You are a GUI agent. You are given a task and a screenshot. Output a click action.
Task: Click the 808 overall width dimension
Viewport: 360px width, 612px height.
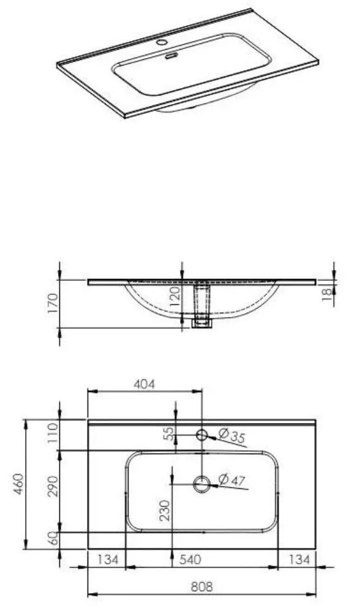click(202, 586)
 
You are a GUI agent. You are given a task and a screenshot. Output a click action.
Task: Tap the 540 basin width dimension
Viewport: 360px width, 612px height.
click(190, 560)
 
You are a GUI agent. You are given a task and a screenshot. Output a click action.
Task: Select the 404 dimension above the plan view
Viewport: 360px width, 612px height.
click(144, 384)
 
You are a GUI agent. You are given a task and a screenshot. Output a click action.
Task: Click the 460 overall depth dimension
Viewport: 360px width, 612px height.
click(19, 484)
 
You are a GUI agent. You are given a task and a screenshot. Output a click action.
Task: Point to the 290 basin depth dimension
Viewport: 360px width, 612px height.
click(53, 485)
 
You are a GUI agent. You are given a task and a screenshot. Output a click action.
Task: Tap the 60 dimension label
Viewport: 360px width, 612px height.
click(53, 539)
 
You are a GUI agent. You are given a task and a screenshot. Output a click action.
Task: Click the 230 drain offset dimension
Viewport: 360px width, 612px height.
click(165, 510)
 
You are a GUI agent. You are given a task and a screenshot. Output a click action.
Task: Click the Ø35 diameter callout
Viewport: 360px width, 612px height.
click(231, 435)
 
